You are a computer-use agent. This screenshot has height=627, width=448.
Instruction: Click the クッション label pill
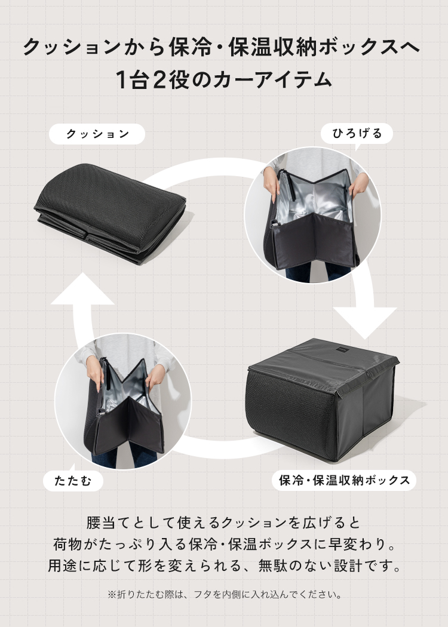(97, 134)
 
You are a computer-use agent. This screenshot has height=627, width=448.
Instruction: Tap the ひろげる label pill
(357, 133)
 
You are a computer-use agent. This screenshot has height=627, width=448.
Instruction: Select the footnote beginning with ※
(224, 595)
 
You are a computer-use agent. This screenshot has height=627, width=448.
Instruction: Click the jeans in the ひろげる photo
(317, 272)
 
